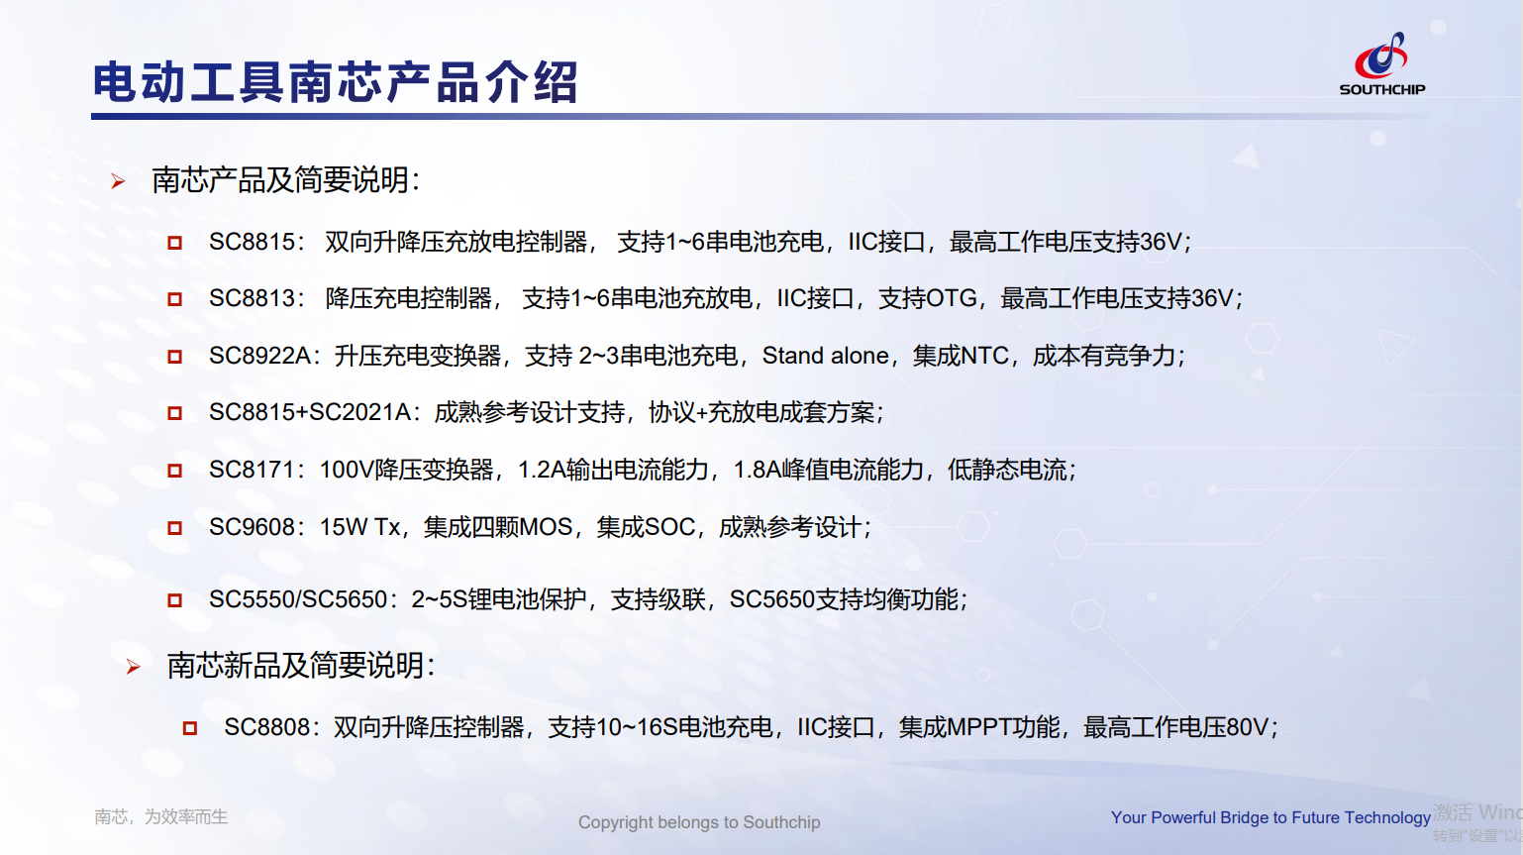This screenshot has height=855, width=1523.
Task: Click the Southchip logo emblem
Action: coord(1380,54)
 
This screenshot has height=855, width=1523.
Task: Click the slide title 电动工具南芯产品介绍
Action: coord(335,82)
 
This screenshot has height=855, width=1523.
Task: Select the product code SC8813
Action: coord(252,298)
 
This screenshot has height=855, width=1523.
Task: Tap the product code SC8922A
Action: coord(259,356)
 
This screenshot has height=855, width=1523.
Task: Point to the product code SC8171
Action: coord(252,470)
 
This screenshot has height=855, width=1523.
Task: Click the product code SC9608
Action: coord(252,527)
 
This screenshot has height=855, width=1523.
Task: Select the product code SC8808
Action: coord(267,728)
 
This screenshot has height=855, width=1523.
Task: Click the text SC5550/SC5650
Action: coord(298,599)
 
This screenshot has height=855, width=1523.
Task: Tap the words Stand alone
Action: coord(825,356)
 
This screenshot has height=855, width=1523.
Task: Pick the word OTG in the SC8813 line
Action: coord(952,298)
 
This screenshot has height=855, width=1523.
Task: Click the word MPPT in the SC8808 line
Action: coord(979,728)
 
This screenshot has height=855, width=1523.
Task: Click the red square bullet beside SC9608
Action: coord(174,528)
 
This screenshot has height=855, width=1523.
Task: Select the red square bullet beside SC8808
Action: coord(190,728)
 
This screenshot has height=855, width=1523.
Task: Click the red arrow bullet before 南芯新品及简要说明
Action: coord(133,667)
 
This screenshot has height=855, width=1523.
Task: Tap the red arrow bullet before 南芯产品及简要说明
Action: coord(118,181)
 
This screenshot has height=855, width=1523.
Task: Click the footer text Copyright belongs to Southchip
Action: coord(699,822)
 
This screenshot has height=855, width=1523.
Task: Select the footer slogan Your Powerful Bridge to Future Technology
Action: coord(1270,817)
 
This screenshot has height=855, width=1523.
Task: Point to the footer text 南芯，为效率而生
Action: coord(161,816)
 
